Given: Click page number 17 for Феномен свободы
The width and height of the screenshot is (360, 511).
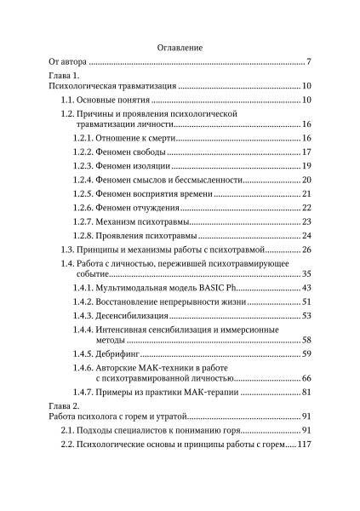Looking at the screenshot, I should tap(308, 152).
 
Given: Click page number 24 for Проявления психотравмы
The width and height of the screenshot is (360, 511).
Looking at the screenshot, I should tap(308, 235).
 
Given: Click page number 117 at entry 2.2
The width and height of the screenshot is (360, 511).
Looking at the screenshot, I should tap(305, 445).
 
